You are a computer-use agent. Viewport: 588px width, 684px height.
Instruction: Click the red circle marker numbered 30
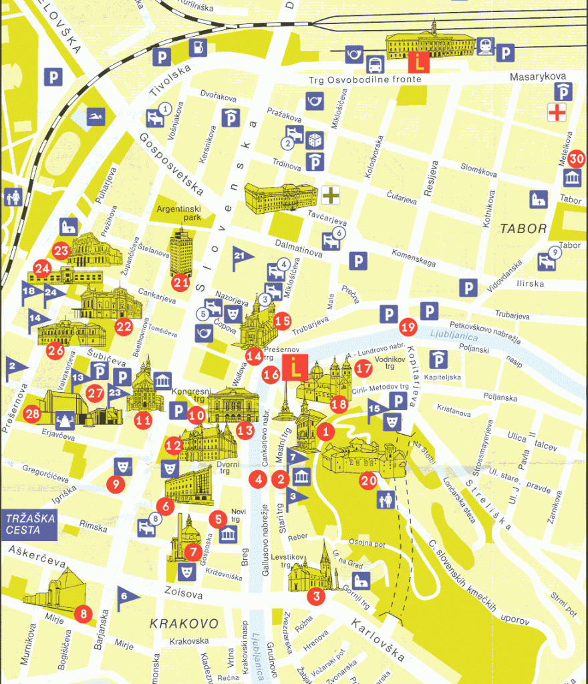[x=577, y=159]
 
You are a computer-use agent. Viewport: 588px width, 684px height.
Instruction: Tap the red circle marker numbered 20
[x=368, y=480]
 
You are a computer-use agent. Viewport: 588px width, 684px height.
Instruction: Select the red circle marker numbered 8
[x=83, y=613]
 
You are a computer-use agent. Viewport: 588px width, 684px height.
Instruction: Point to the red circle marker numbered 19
[x=408, y=327]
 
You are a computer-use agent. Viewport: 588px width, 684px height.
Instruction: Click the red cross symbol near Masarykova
[x=556, y=112]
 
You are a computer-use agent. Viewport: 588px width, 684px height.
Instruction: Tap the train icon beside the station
[x=485, y=46]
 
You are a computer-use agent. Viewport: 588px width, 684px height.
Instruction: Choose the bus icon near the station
[x=375, y=64]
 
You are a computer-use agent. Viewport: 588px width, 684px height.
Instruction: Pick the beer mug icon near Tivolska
[x=198, y=47]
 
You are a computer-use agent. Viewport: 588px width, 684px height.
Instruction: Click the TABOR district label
[x=523, y=228]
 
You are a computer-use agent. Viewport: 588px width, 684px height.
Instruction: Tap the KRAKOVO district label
[x=184, y=624]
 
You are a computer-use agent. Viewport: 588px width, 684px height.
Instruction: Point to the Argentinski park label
[x=178, y=213]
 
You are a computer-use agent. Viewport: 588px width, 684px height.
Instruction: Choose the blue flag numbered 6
[x=126, y=598]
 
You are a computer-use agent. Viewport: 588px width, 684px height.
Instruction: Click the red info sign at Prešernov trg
[x=291, y=369]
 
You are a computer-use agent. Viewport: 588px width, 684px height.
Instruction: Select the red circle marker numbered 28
[x=31, y=414]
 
